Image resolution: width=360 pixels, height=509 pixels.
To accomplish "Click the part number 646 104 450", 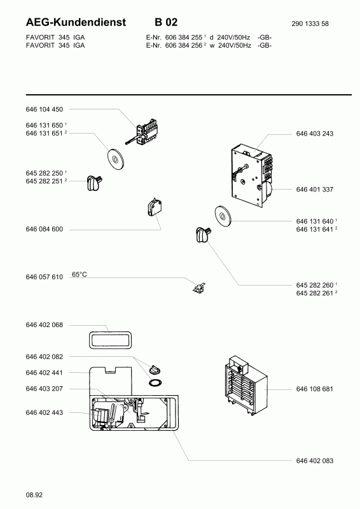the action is [44, 109].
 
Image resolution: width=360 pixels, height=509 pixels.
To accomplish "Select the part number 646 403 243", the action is [315, 134].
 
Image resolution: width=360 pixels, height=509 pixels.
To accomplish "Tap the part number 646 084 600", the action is [44, 229].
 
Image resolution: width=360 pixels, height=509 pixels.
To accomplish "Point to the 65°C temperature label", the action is [80, 275].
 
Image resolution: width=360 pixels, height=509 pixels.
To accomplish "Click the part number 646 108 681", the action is [315, 389].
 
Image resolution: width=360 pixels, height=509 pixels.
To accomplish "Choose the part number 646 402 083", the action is [315, 461].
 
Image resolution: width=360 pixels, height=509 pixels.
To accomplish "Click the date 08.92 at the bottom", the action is [34, 495].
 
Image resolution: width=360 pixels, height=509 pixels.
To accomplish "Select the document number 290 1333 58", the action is [310, 24].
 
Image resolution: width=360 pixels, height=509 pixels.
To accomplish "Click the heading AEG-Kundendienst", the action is [76, 22].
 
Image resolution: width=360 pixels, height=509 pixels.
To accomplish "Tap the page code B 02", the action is [166, 22].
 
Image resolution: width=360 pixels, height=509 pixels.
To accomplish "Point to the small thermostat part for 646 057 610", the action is [199, 287].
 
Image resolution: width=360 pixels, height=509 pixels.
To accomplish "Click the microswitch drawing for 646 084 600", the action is [154, 208].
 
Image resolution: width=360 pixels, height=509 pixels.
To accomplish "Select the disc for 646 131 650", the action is [114, 159].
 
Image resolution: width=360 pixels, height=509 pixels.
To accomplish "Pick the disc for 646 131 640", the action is [223, 216].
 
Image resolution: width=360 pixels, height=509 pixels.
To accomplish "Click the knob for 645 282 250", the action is [94, 183].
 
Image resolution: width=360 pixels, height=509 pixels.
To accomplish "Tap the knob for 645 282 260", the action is [203, 234].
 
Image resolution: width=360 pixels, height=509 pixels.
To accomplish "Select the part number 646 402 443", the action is [44, 412].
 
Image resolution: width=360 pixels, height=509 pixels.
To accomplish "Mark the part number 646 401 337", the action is [315, 189].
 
